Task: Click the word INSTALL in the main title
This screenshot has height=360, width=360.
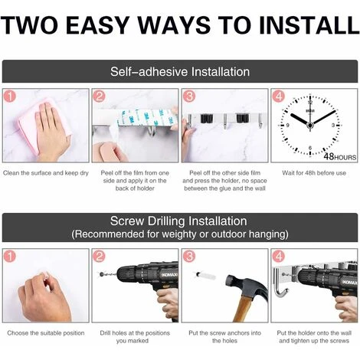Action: pyautogui.click(x=309, y=25)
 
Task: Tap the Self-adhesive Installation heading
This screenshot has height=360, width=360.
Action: pyautogui.click(x=180, y=71)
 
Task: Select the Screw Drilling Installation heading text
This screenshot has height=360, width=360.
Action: pyautogui.click(x=178, y=221)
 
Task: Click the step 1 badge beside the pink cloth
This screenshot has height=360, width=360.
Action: pyautogui.click(x=9, y=97)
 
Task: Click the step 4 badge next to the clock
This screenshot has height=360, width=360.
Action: pyautogui.click(x=278, y=97)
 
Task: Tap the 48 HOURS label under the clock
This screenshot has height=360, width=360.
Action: pyautogui.click(x=340, y=156)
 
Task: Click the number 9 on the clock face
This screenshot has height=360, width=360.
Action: pyautogui.click(x=288, y=126)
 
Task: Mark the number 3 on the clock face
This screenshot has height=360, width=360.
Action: pyautogui.click(x=333, y=126)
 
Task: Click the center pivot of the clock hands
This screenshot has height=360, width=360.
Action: pyautogui.click(x=310, y=126)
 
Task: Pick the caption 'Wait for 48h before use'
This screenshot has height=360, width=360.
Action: pyautogui.click(x=314, y=173)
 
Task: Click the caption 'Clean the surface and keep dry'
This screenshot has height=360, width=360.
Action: pyautogui.click(x=46, y=173)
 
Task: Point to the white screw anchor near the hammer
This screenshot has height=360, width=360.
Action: pyautogui.click(x=205, y=276)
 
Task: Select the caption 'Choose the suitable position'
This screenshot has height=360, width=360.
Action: pyautogui.click(x=46, y=333)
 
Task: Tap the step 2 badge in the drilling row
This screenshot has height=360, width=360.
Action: pyautogui.click(x=99, y=256)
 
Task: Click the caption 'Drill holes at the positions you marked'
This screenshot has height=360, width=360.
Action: pyautogui.click(x=135, y=337)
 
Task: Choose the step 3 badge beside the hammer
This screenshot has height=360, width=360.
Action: pyautogui.click(x=189, y=256)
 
